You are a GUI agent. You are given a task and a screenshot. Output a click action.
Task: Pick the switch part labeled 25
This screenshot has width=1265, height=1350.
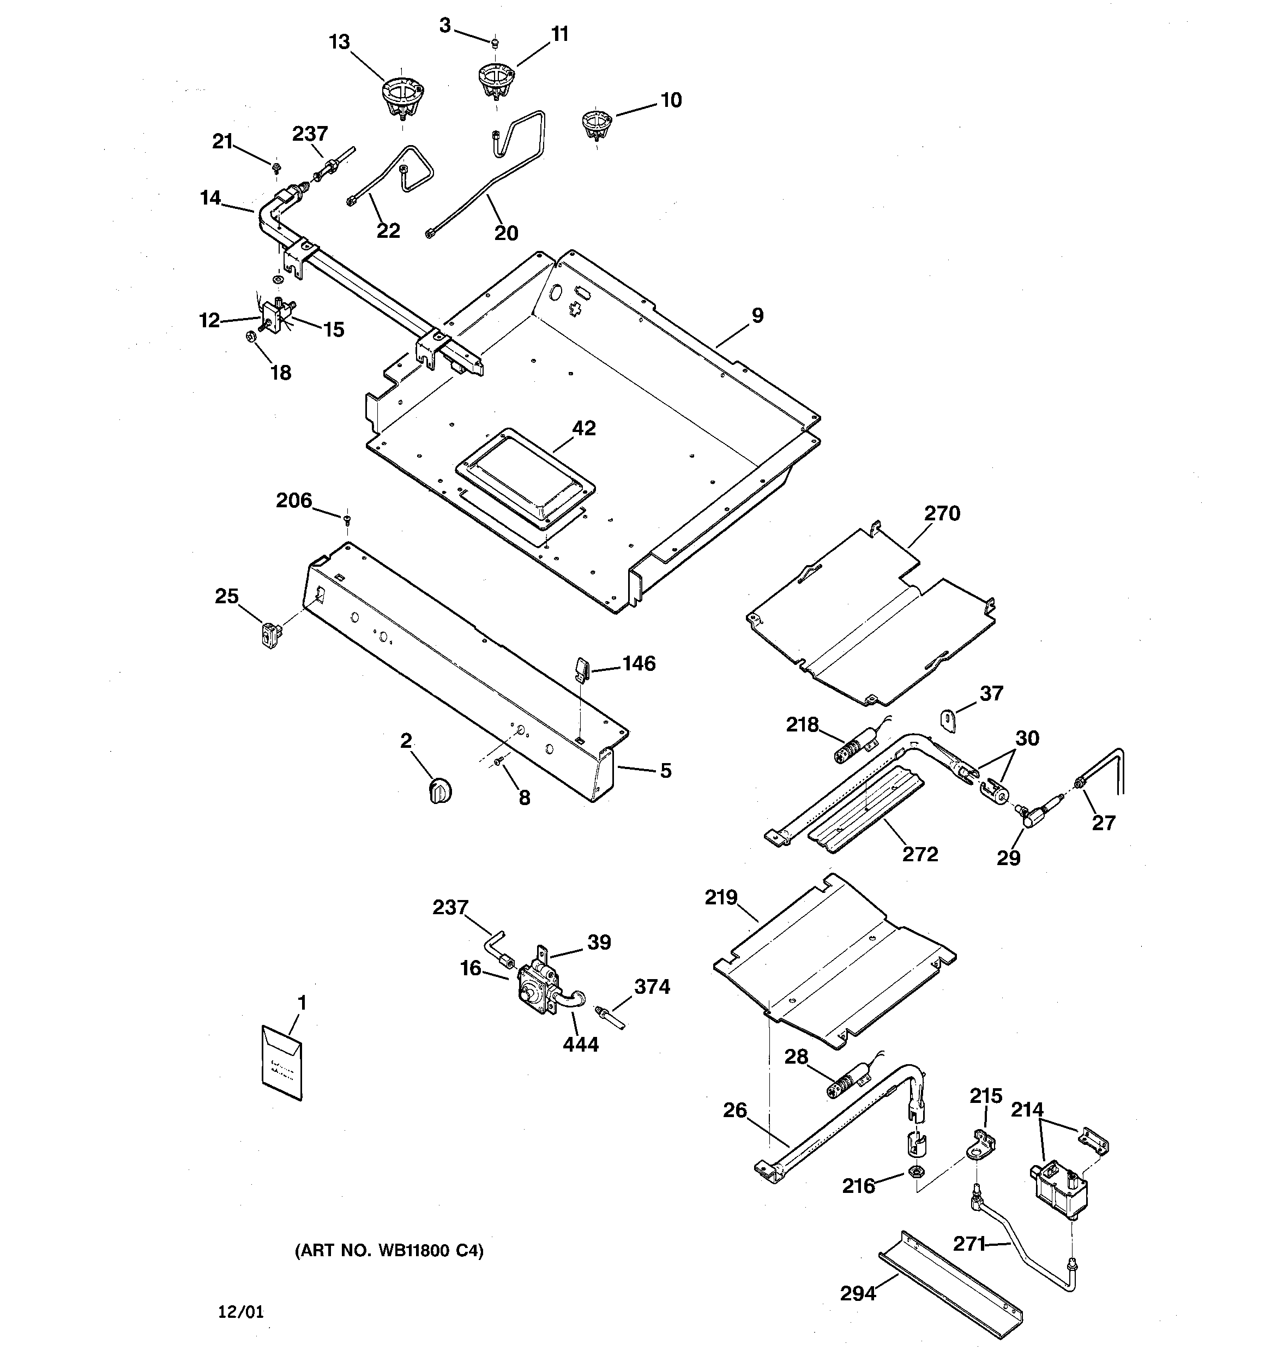coord(272,635)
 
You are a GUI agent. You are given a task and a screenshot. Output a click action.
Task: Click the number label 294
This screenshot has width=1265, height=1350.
coord(858,1294)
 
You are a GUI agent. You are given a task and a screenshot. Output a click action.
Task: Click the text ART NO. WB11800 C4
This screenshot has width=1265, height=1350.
coord(388,1251)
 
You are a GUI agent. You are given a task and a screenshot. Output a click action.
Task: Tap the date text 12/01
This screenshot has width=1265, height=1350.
coord(241,1312)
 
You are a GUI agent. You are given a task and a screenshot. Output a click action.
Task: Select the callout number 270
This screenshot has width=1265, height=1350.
coord(942,513)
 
